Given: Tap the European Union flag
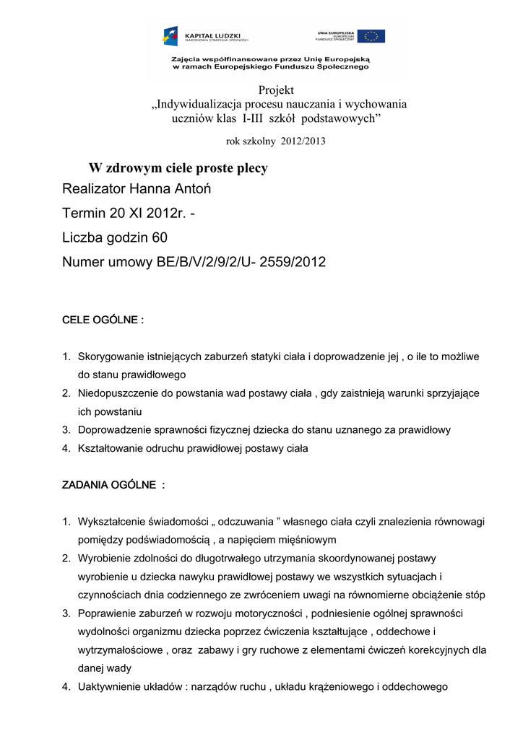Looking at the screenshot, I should (371, 36).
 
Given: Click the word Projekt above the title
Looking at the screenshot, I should (276, 90).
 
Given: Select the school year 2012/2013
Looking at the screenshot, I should (308, 141).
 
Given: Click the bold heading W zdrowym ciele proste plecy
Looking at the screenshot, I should (178, 168).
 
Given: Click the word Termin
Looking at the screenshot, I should (85, 214).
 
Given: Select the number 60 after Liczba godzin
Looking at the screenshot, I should (160, 237).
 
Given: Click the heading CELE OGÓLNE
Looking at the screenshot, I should (102, 320).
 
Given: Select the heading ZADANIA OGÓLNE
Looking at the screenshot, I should (113, 485).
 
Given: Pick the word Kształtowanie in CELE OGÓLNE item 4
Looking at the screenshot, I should (112, 448).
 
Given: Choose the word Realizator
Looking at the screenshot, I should (93, 190).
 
